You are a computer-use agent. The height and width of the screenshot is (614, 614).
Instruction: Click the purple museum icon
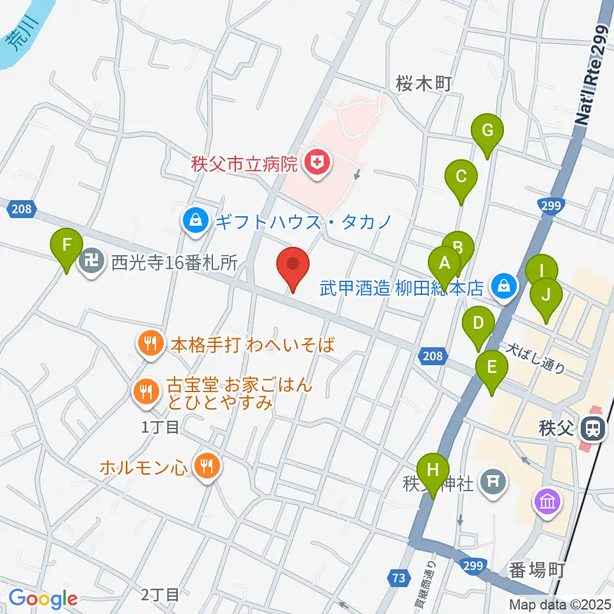click(x=549, y=503)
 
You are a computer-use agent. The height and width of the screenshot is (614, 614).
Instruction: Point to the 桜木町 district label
click(x=424, y=83)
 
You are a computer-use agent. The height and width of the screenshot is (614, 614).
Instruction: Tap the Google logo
click(x=43, y=599)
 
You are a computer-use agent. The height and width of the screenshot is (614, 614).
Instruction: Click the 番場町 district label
click(x=536, y=569)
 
